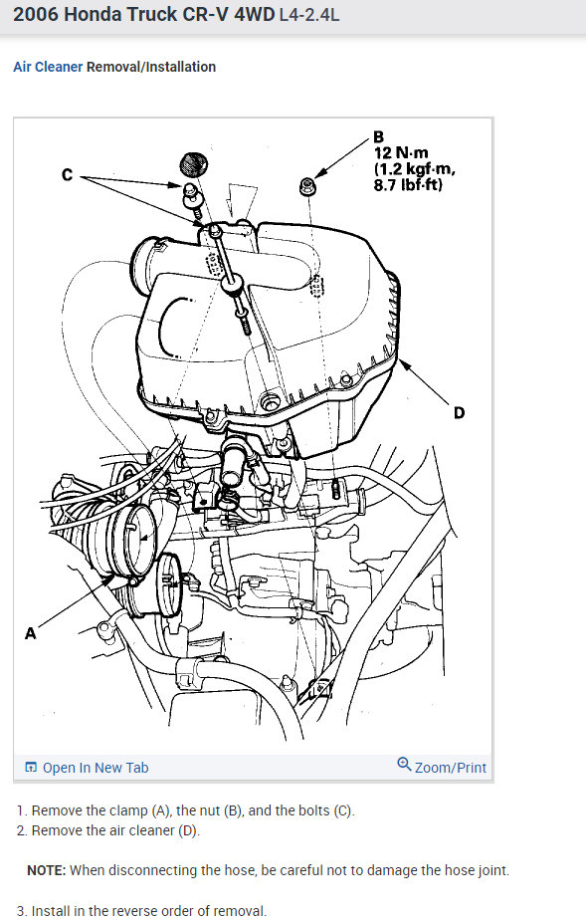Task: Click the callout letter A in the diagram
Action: (30, 632)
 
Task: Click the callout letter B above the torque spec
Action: (378, 136)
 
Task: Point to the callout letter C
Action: (67, 175)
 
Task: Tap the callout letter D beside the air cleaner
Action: (459, 412)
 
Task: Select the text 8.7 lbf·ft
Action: (408, 185)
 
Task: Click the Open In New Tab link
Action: (96, 768)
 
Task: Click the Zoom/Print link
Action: (451, 768)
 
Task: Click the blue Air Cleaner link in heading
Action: (48, 67)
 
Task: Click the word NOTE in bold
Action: (46, 870)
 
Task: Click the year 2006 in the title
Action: (37, 16)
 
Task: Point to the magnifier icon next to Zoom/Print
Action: (404, 765)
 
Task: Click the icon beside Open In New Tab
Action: (31, 768)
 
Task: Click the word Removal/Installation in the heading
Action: (151, 67)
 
